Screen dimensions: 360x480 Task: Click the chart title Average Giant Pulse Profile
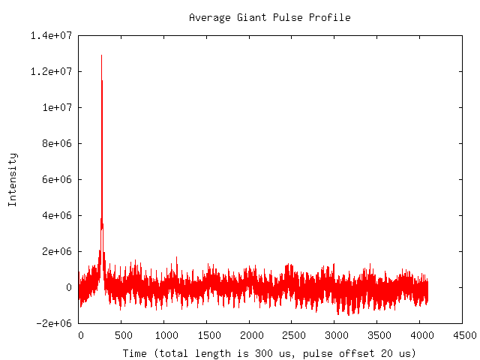(269, 17)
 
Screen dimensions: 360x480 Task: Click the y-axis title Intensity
(12, 179)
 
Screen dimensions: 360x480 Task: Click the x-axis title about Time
(269, 352)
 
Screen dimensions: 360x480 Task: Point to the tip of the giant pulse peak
(101, 55)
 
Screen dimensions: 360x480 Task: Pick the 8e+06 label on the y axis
(57, 143)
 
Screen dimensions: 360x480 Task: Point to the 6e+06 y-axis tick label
(57, 179)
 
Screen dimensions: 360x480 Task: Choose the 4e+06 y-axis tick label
(57, 215)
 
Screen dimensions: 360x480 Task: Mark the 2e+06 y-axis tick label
(57, 251)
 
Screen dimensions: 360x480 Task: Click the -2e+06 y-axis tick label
(54, 323)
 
